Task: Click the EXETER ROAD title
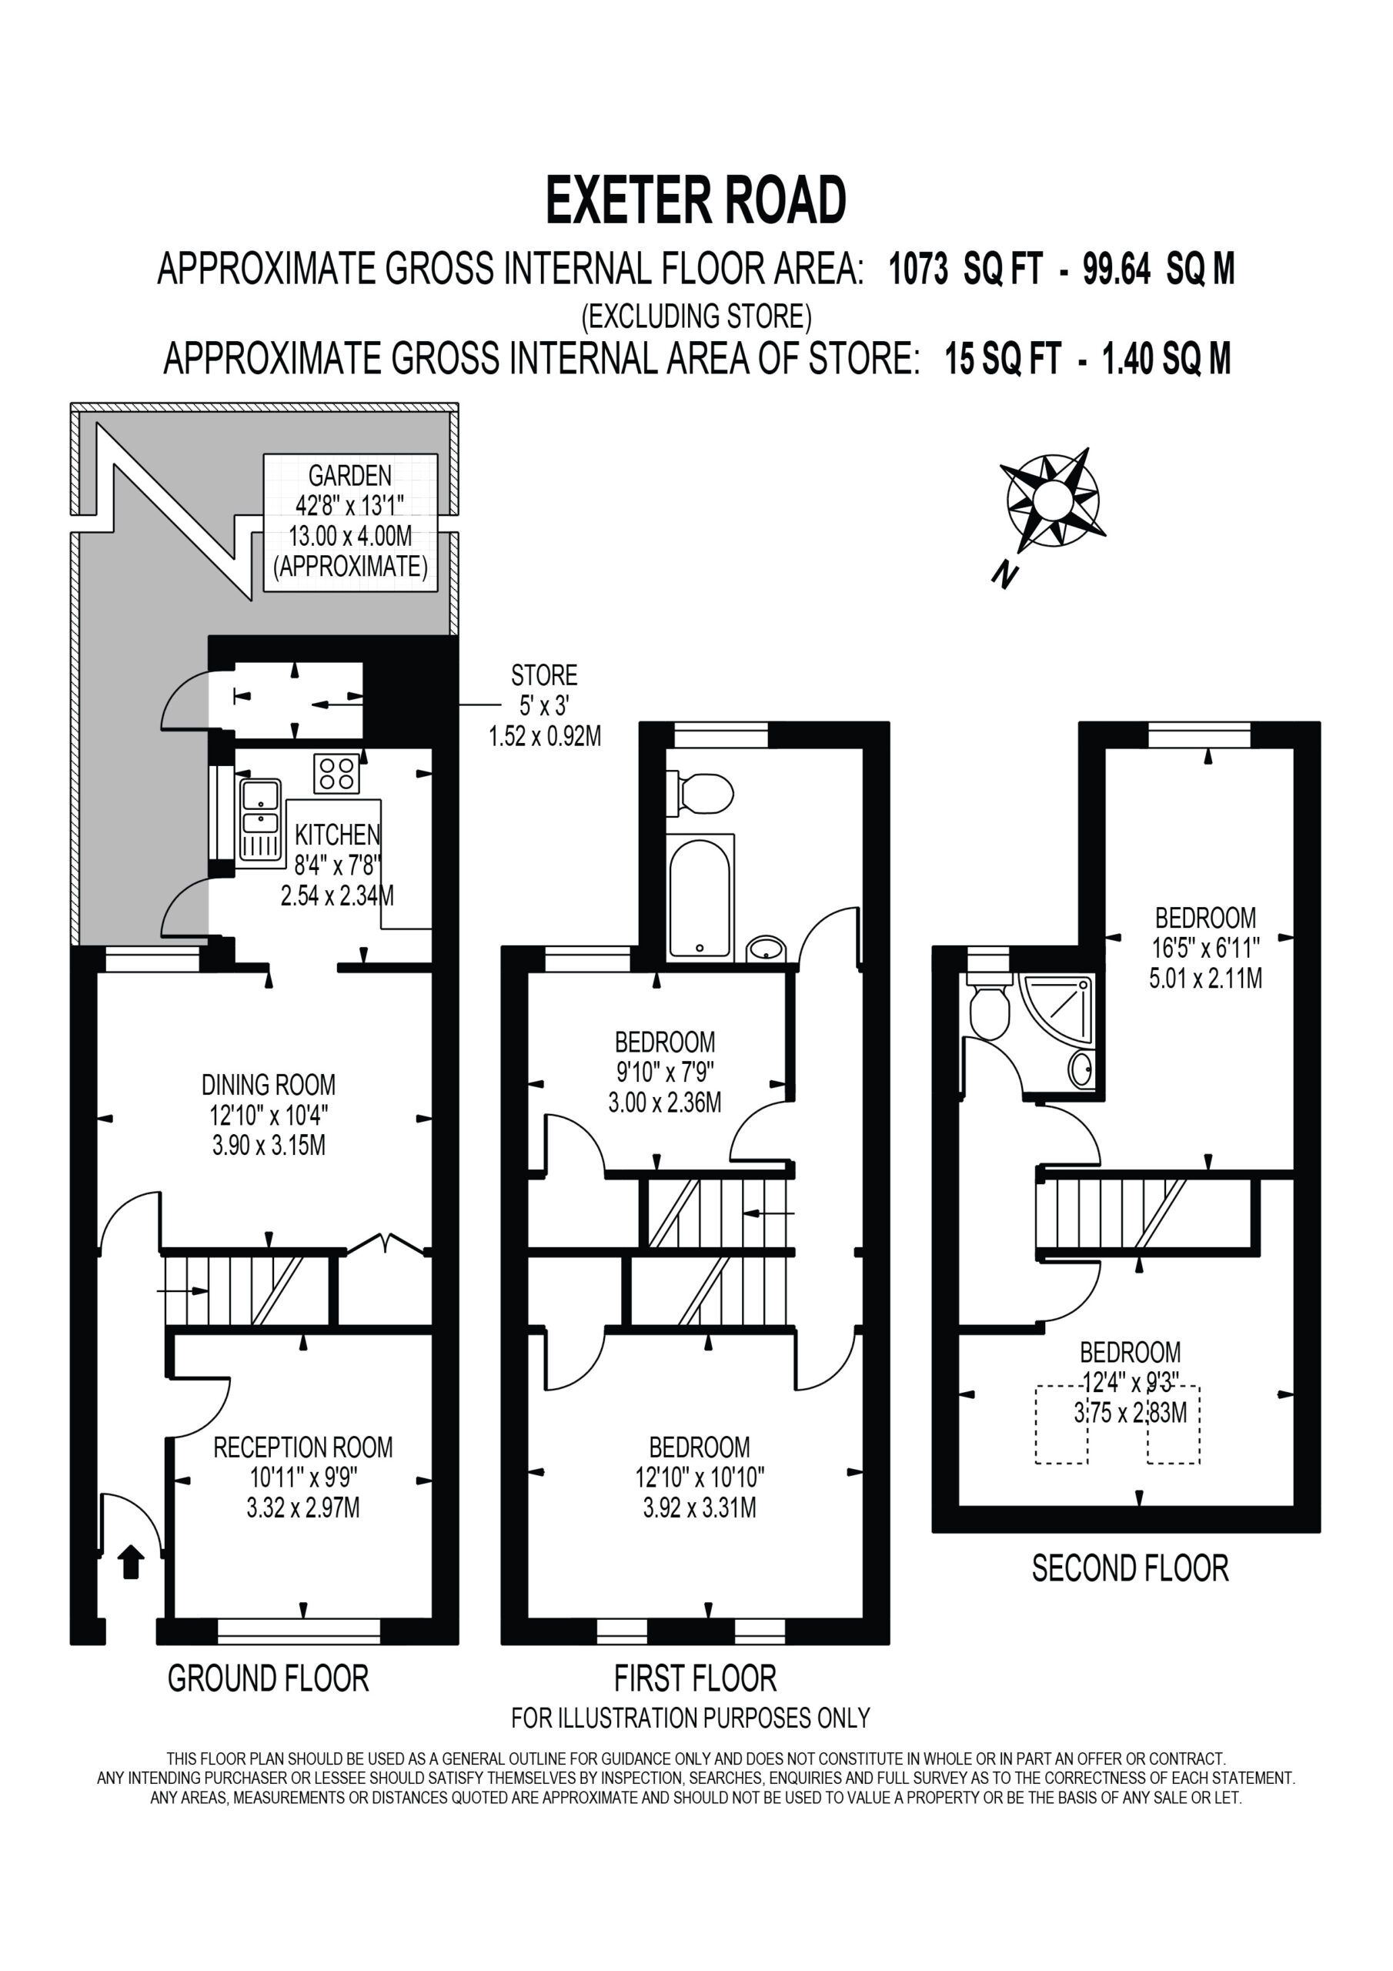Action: [696, 200]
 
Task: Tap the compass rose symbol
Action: [1051, 500]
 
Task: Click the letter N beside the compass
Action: [1005, 574]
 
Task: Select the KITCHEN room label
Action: [337, 835]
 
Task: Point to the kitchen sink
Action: [261, 819]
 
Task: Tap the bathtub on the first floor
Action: [700, 898]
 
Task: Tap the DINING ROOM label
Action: [269, 1084]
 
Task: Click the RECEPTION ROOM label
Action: [303, 1447]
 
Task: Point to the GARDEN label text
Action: [350, 475]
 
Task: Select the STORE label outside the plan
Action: [544, 674]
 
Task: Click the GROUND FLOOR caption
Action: [268, 1678]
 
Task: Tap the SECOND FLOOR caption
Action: [1131, 1568]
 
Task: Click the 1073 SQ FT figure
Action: [967, 269]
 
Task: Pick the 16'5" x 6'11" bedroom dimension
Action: [1205, 948]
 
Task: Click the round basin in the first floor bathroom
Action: [766, 949]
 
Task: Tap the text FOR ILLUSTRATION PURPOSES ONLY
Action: [691, 1718]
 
